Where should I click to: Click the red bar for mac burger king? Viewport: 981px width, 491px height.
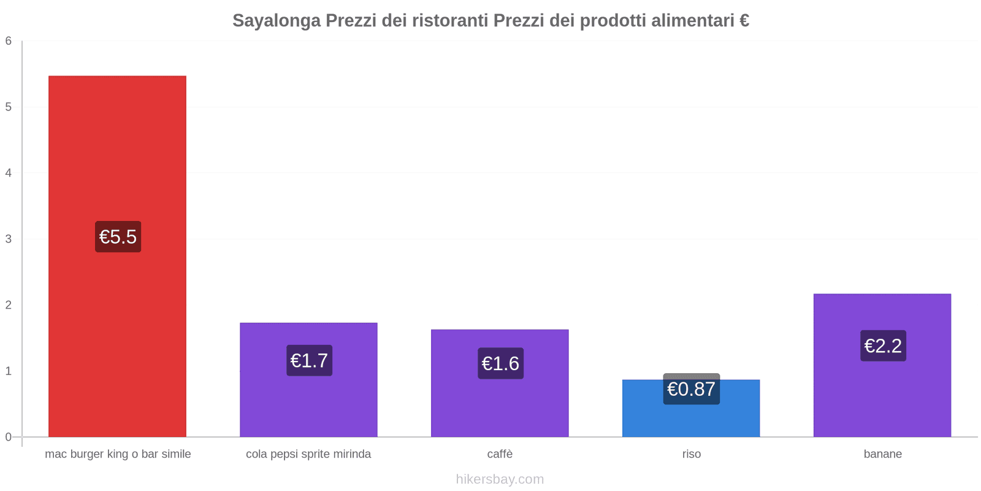[x=117, y=153]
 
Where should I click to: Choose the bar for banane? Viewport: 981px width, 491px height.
[x=882, y=393]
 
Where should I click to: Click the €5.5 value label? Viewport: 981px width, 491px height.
[x=118, y=237]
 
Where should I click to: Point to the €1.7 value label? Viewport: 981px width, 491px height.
[x=309, y=361]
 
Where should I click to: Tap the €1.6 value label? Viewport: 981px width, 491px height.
[x=500, y=364]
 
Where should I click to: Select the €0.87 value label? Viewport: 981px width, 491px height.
[x=691, y=389]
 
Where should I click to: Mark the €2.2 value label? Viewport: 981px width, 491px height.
[x=883, y=346]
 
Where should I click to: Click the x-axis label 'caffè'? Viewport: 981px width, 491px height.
[x=500, y=454]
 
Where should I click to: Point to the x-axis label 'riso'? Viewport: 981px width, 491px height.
[x=691, y=454]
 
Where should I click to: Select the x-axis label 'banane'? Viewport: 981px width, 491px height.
[x=882, y=454]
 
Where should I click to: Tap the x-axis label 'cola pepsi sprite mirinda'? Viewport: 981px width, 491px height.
[x=308, y=454]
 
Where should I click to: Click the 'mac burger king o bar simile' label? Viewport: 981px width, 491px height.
[x=118, y=454]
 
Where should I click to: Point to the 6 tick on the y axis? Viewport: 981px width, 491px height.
[x=9, y=41]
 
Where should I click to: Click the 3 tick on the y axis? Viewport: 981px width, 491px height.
[x=9, y=239]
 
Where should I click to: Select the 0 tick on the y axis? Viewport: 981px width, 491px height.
[x=9, y=437]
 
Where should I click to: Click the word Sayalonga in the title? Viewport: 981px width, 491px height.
[x=277, y=21]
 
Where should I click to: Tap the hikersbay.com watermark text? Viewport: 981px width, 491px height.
[x=500, y=479]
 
